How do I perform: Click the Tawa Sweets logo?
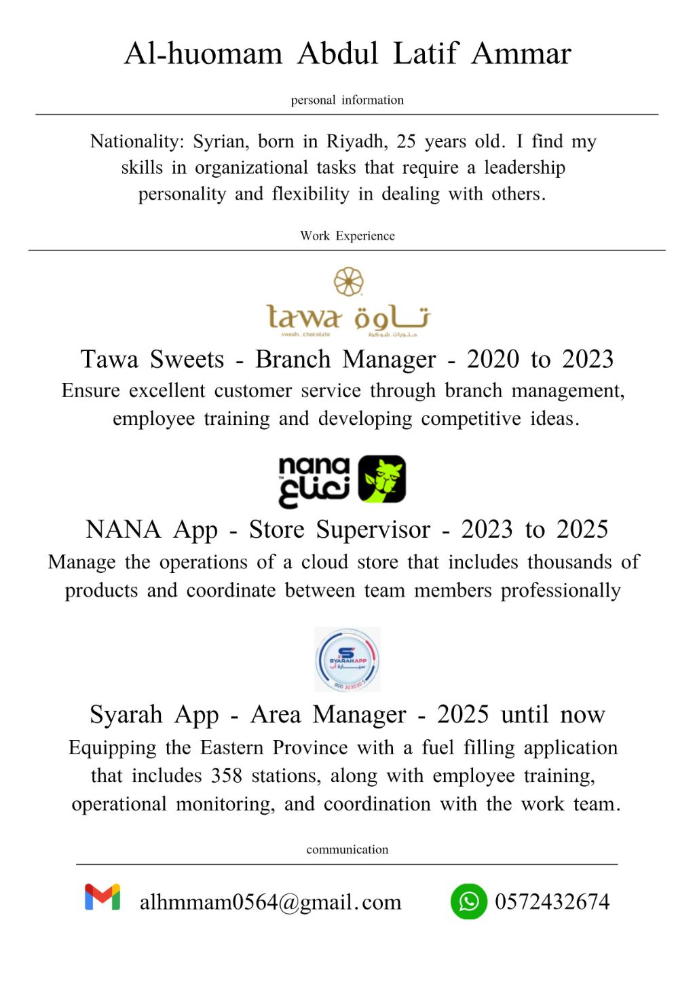(x=348, y=303)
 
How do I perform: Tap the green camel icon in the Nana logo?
(x=381, y=479)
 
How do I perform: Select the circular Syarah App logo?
(x=347, y=659)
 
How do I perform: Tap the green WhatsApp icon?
(x=468, y=902)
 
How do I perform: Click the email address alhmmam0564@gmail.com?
(x=270, y=902)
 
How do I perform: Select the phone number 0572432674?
(x=552, y=902)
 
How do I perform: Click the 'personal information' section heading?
(x=347, y=100)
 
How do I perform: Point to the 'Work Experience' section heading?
(x=347, y=236)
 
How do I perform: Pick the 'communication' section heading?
(x=347, y=849)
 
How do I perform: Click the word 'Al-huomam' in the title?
(x=203, y=54)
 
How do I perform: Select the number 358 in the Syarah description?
(x=226, y=775)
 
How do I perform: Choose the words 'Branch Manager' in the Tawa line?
(x=345, y=359)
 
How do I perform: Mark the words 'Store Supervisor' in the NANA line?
(x=339, y=530)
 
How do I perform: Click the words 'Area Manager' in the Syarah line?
(x=328, y=714)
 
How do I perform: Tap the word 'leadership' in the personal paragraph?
(x=524, y=168)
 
